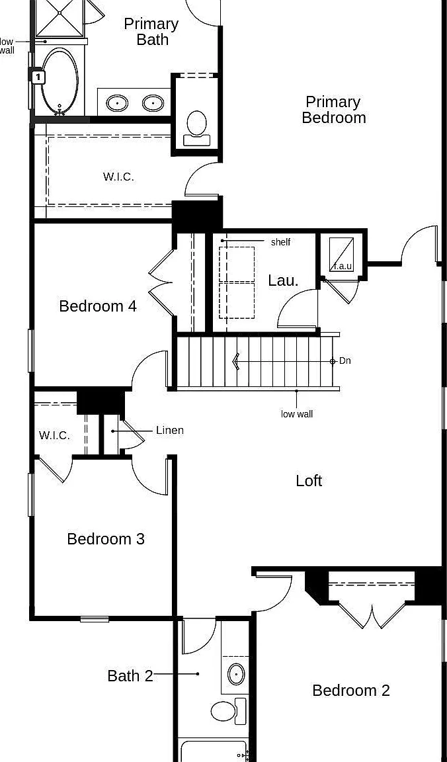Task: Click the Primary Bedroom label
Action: point(334,110)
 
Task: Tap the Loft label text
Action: point(309,481)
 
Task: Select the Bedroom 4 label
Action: point(98,306)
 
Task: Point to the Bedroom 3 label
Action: point(106,539)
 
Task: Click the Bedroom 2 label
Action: point(351,690)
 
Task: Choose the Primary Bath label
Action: point(151,32)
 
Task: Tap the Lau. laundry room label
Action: point(283,280)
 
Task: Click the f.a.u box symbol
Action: point(342,254)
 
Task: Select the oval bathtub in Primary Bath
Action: point(60,81)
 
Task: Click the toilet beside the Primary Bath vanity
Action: point(197,128)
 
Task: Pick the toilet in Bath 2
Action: point(229,711)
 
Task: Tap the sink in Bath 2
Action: point(236,675)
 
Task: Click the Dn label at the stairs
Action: point(345,361)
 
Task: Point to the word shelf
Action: point(280,242)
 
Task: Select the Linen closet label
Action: point(169,430)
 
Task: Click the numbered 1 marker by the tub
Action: point(38,77)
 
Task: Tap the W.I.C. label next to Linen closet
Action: point(54,435)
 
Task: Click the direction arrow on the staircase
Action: point(236,362)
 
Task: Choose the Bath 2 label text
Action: point(130,676)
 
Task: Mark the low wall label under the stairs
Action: point(297,414)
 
